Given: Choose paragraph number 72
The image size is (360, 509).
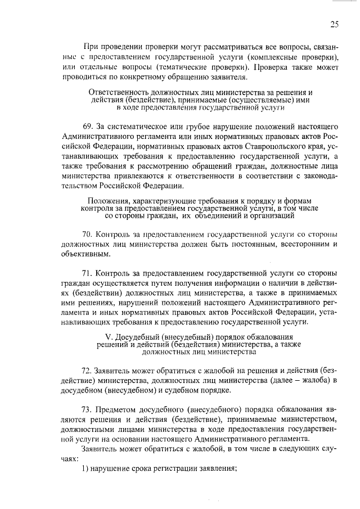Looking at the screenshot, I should [88, 371].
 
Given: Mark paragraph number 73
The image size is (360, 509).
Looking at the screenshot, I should [88, 409].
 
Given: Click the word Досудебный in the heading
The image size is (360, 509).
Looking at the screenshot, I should [132, 336].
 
